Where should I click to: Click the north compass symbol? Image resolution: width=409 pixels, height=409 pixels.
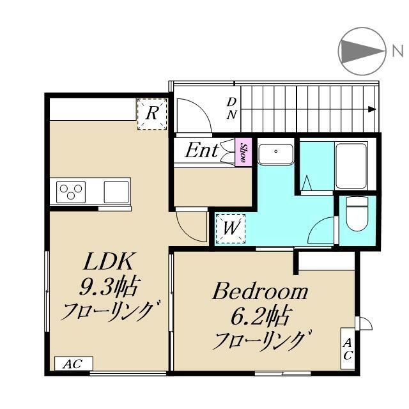(x=360, y=50)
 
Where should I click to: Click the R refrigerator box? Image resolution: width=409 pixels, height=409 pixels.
(x=151, y=114)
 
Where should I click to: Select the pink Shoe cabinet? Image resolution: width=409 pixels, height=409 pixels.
(x=243, y=152)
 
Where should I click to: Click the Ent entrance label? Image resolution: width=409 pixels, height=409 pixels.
(x=201, y=151)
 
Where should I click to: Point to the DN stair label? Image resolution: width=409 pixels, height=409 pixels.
(x=232, y=109)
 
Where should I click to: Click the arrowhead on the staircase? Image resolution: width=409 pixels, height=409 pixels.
(x=371, y=109)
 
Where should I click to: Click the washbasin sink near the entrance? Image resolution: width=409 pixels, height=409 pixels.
(x=275, y=154)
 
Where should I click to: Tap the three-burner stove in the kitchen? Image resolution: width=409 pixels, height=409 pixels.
(x=71, y=191)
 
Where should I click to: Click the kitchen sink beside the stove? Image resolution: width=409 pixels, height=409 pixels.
(x=116, y=191)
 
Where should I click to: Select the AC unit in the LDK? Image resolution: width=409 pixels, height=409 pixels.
(x=73, y=364)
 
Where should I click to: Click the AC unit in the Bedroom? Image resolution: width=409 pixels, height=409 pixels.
(x=347, y=348)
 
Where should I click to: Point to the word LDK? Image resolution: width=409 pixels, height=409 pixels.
(x=109, y=262)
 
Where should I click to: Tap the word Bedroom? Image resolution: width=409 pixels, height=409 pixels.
(x=260, y=293)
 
